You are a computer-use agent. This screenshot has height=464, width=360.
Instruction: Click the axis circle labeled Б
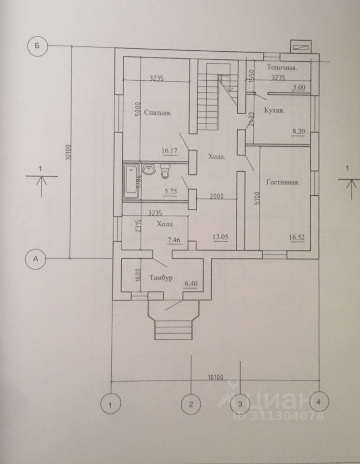37,46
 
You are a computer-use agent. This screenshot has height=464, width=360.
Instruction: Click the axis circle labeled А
36,259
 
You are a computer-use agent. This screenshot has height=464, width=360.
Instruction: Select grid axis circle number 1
112,403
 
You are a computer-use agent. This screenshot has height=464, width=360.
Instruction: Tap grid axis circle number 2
191,403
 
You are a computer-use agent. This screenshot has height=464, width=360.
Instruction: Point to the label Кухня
274,110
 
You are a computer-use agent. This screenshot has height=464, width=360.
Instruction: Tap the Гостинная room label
284,182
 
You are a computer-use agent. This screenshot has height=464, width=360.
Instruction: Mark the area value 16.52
298,237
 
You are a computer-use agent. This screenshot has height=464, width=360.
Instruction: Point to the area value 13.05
220,237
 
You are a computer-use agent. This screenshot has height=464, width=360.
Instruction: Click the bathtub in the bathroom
130,182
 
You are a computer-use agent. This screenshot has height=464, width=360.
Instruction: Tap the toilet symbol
165,172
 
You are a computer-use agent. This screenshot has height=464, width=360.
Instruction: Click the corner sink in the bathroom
149,170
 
